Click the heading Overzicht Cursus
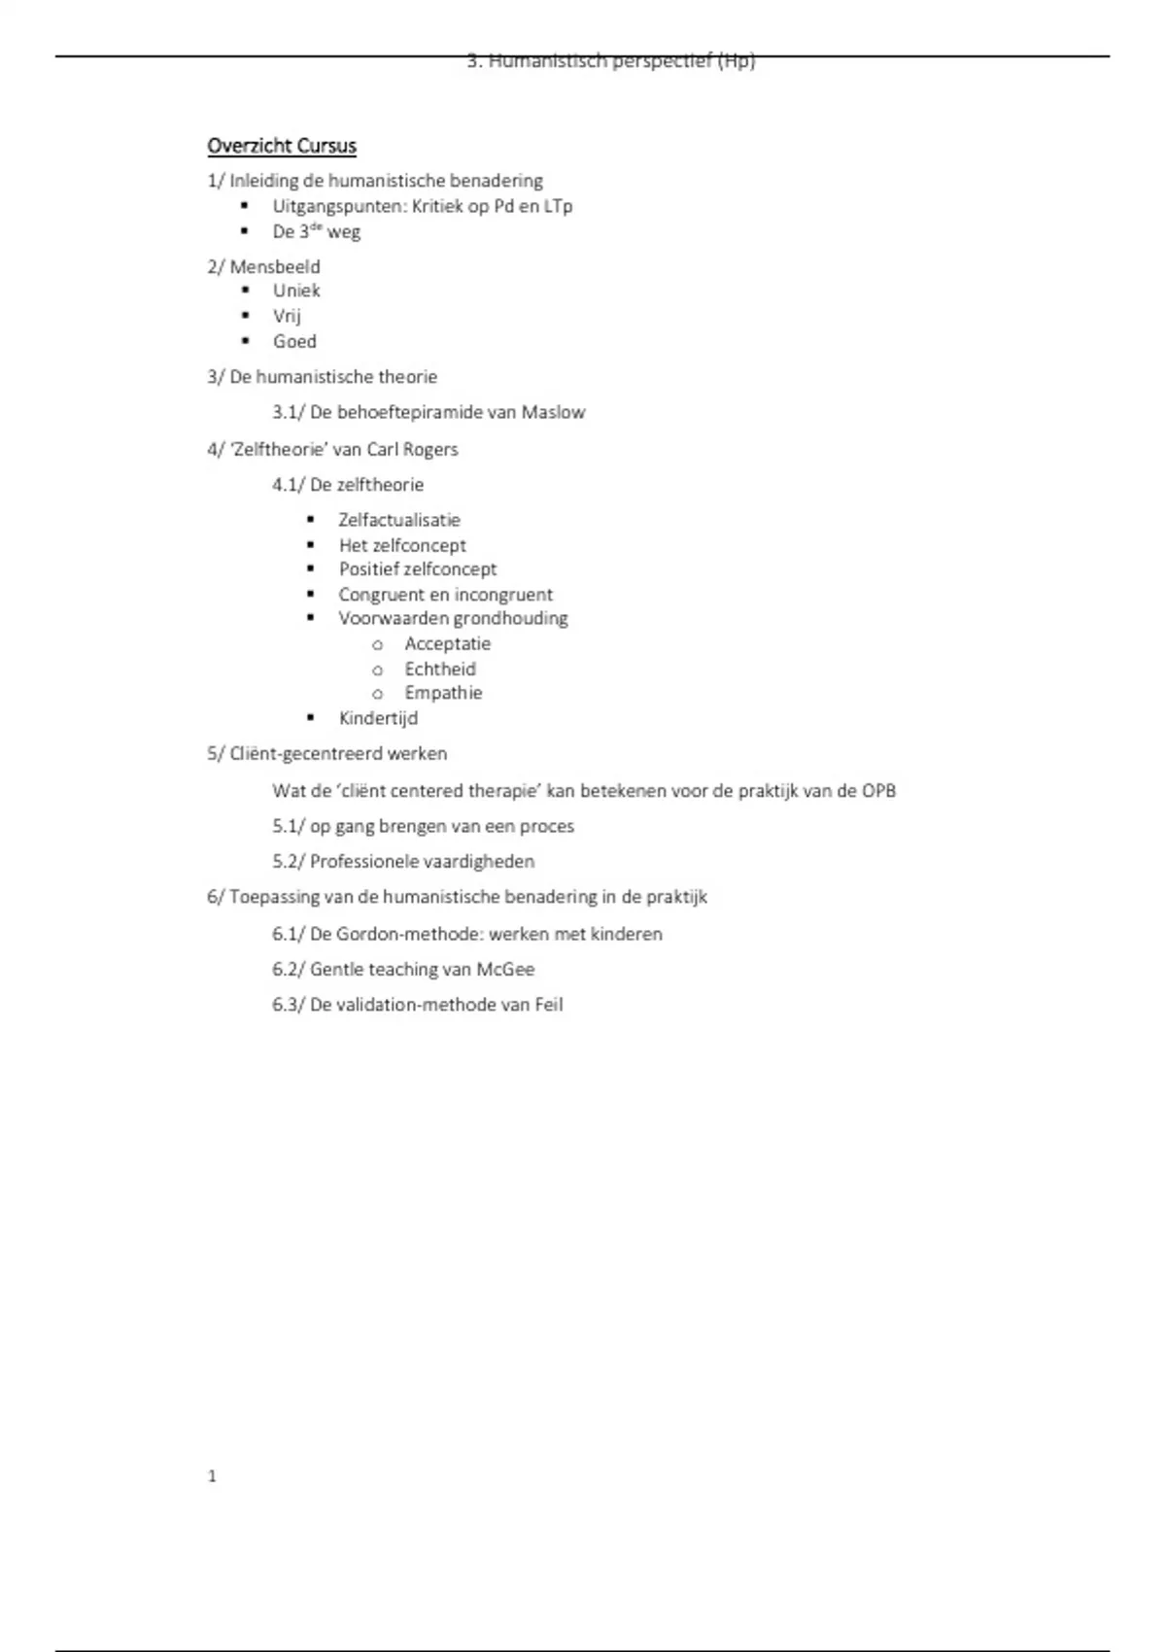coord(282,146)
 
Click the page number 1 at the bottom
coord(212,1476)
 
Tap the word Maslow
coord(553,412)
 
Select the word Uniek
coord(296,291)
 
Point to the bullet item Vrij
coord(287,316)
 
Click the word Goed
coord(294,341)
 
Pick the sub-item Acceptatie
coord(447,643)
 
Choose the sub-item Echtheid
coord(440,669)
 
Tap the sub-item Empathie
coord(443,693)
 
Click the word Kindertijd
coord(378,718)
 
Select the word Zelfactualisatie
coord(399,520)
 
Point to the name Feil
coord(548,1005)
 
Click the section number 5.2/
coord(289,861)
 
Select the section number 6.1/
coord(289,934)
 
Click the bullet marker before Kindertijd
coord(311,718)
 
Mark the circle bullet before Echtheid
coord(378,670)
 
